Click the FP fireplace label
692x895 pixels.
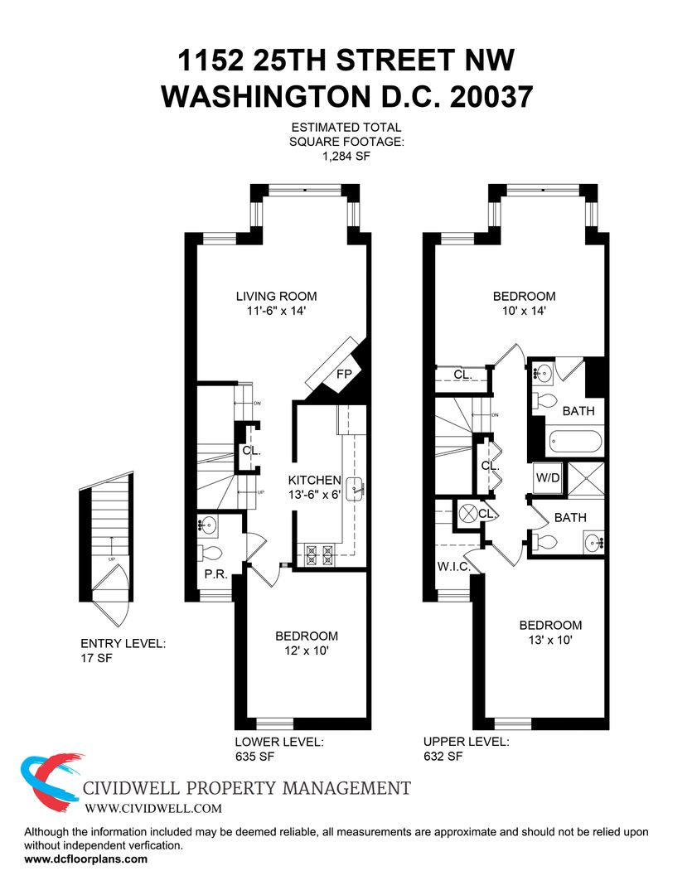coord(344,374)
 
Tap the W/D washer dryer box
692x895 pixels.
coord(548,477)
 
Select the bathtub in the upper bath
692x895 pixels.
coord(575,442)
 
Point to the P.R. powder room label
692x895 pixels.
coord(216,574)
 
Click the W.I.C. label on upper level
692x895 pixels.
coord(454,567)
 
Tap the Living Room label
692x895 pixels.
coord(276,296)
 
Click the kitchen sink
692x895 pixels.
coord(357,488)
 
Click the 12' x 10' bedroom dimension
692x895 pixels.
coord(307,651)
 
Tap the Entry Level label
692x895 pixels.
coord(123,643)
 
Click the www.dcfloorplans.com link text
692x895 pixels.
coord(85,859)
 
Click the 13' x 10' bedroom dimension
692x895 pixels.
coord(550,640)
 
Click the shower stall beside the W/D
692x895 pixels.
coord(584,477)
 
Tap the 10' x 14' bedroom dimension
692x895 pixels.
coord(524,311)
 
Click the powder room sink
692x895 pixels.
coord(208,525)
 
